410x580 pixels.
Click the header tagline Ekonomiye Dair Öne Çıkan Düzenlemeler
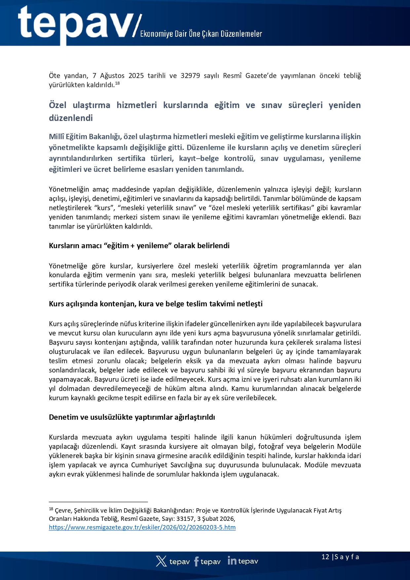201,34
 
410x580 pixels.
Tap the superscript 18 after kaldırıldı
117,83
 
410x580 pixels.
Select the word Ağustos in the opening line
112,76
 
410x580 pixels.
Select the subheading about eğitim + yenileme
139,246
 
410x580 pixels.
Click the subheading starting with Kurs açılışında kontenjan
156,304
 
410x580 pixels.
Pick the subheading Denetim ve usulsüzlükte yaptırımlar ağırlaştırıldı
132,417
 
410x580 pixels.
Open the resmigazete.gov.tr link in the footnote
142,527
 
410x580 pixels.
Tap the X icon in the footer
161,561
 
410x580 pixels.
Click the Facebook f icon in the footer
197,561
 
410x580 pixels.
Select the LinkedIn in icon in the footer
232,561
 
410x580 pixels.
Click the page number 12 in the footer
325,557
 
